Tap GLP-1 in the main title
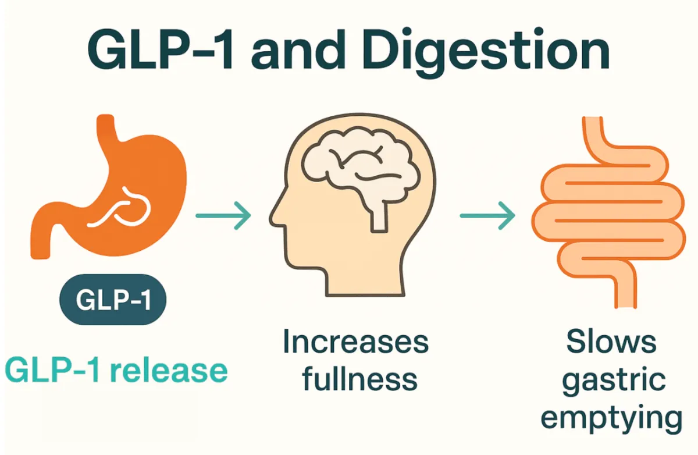click(x=160, y=49)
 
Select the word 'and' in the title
click(x=298, y=49)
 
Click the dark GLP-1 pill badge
click(x=113, y=299)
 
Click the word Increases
click(x=356, y=342)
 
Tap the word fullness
click(x=360, y=378)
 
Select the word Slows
click(x=611, y=342)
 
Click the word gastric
click(x=614, y=381)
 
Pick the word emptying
click(x=612, y=418)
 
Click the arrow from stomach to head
click(x=223, y=216)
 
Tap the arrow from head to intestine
click(x=487, y=216)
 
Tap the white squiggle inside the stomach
click(x=120, y=207)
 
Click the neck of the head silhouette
click(x=365, y=280)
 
